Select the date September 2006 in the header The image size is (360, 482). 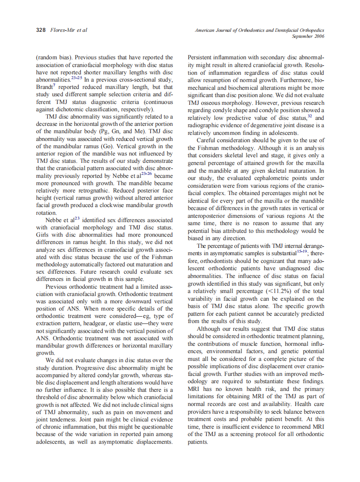(308, 37)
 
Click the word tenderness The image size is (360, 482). (65, 419)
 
